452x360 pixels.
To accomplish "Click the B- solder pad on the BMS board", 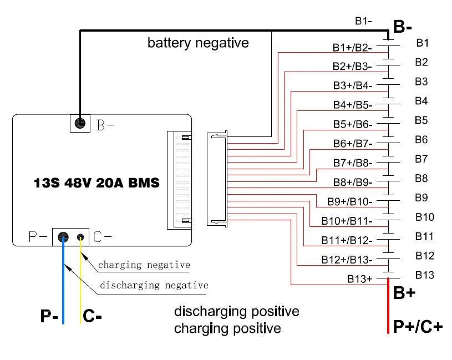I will pyautogui.click(x=80, y=123).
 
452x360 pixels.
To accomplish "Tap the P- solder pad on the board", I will pyautogui.click(x=63, y=237).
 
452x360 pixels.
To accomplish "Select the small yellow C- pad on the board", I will pyautogui.click(x=81, y=237).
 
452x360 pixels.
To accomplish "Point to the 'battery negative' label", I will pyautogui.click(x=198, y=43).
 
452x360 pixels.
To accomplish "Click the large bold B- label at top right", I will pyautogui.click(x=402, y=27).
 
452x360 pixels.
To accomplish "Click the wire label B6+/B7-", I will pyautogui.click(x=353, y=143).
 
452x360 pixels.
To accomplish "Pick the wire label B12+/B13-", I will pyautogui.click(x=347, y=260).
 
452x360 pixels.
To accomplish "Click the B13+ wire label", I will pyautogui.click(x=360, y=279).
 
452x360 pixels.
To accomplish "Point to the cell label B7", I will pyautogui.click(x=421, y=159).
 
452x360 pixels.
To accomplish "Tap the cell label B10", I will pyautogui.click(x=424, y=217).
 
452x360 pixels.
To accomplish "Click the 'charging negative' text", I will pyautogui.click(x=144, y=265).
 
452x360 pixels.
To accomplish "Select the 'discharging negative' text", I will pyautogui.click(x=154, y=286).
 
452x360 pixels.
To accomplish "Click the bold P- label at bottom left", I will pyautogui.click(x=49, y=317).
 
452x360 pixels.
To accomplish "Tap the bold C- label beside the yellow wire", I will pyautogui.click(x=92, y=317).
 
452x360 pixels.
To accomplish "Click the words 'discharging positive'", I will pyautogui.click(x=236, y=311).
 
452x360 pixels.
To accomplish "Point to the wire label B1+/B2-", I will pyautogui.click(x=352, y=48).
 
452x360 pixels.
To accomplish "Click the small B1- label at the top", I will pyautogui.click(x=363, y=21).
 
